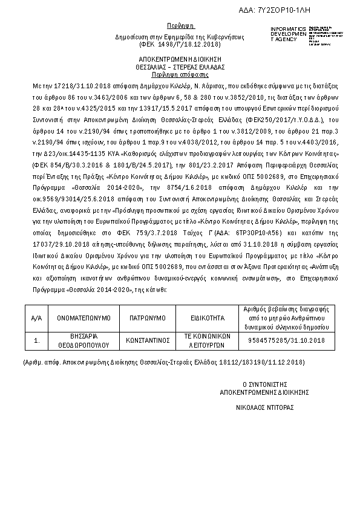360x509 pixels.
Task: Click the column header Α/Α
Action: coord(36,317)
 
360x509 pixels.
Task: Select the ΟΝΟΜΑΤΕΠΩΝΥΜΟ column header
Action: coord(84,317)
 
